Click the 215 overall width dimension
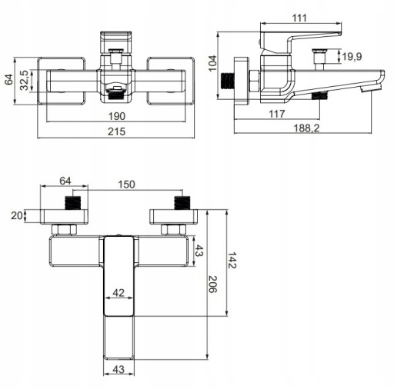coord(116,131)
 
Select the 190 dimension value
coord(117,116)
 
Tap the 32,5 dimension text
coord(25,80)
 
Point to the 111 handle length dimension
coord(299,18)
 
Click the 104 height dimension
coord(212,64)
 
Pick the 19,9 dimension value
coord(352,56)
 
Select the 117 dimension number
coord(276,114)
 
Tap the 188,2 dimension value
coord(306,128)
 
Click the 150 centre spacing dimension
coord(126,185)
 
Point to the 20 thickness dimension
coord(17,216)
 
